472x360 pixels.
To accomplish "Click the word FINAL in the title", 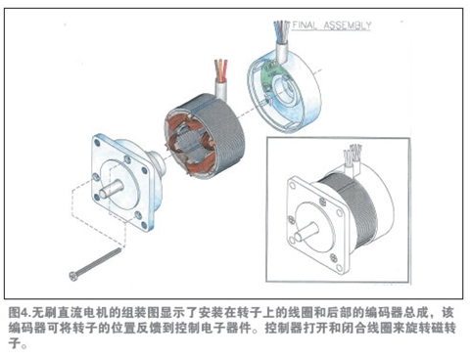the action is [305, 25].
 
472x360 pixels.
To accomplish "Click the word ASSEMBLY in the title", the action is [348, 25].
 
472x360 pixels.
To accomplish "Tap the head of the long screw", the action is [73, 276].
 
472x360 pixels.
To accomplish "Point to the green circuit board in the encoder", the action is [271, 76].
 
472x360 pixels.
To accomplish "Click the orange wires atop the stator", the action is [221, 69].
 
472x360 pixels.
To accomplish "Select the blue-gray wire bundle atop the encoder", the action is [281, 31].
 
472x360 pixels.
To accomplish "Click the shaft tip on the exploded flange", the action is [103, 195].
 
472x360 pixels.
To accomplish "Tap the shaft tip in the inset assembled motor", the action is [298, 237].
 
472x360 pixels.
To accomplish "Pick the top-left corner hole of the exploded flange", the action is [97, 143].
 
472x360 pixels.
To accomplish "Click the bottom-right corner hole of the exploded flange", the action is [144, 226].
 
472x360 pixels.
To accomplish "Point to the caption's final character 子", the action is [14, 343].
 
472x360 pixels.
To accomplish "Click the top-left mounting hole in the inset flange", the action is [292, 186].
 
